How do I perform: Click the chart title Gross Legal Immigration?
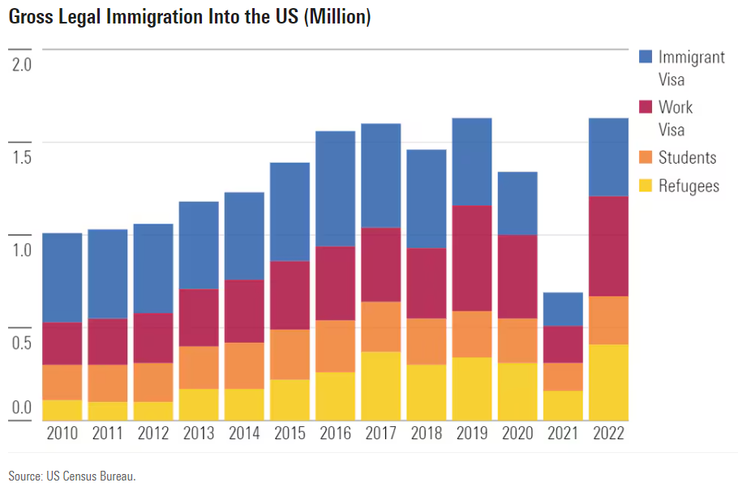click(x=190, y=17)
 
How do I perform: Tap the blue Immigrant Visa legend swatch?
click(x=646, y=57)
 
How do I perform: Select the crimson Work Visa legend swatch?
click(x=646, y=106)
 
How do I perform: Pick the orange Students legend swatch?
click(x=646, y=157)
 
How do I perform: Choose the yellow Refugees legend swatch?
click(x=646, y=186)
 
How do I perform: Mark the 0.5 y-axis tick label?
click(x=20, y=342)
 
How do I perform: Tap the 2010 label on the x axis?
click(x=62, y=434)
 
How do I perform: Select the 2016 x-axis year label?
click(x=335, y=434)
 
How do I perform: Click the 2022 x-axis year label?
click(x=608, y=434)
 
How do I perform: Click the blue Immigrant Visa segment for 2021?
click(x=563, y=309)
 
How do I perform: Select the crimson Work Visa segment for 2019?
click(x=472, y=258)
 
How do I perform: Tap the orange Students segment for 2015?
click(x=290, y=354)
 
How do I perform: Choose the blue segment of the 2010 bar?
click(x=62, y=277)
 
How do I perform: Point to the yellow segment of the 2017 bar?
click(x=381, y=386)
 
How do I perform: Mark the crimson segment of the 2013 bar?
click(x=199, y=317)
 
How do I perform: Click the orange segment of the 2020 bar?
click(x=517, y=340)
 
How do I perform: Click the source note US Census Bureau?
click(x=72, y=476)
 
